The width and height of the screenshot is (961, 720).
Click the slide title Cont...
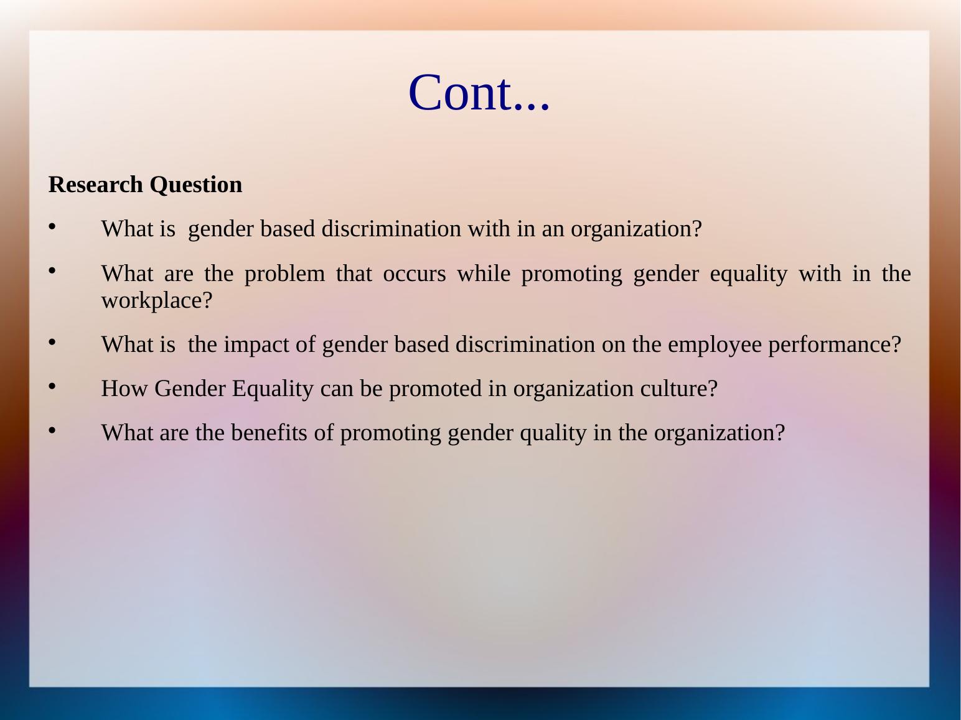point(479,93)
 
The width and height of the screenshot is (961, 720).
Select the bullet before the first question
point(52,227)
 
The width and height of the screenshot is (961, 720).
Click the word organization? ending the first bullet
point(636,229)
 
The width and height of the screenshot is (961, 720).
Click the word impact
point(256,344)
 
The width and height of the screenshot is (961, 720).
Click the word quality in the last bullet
point(553,433)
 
